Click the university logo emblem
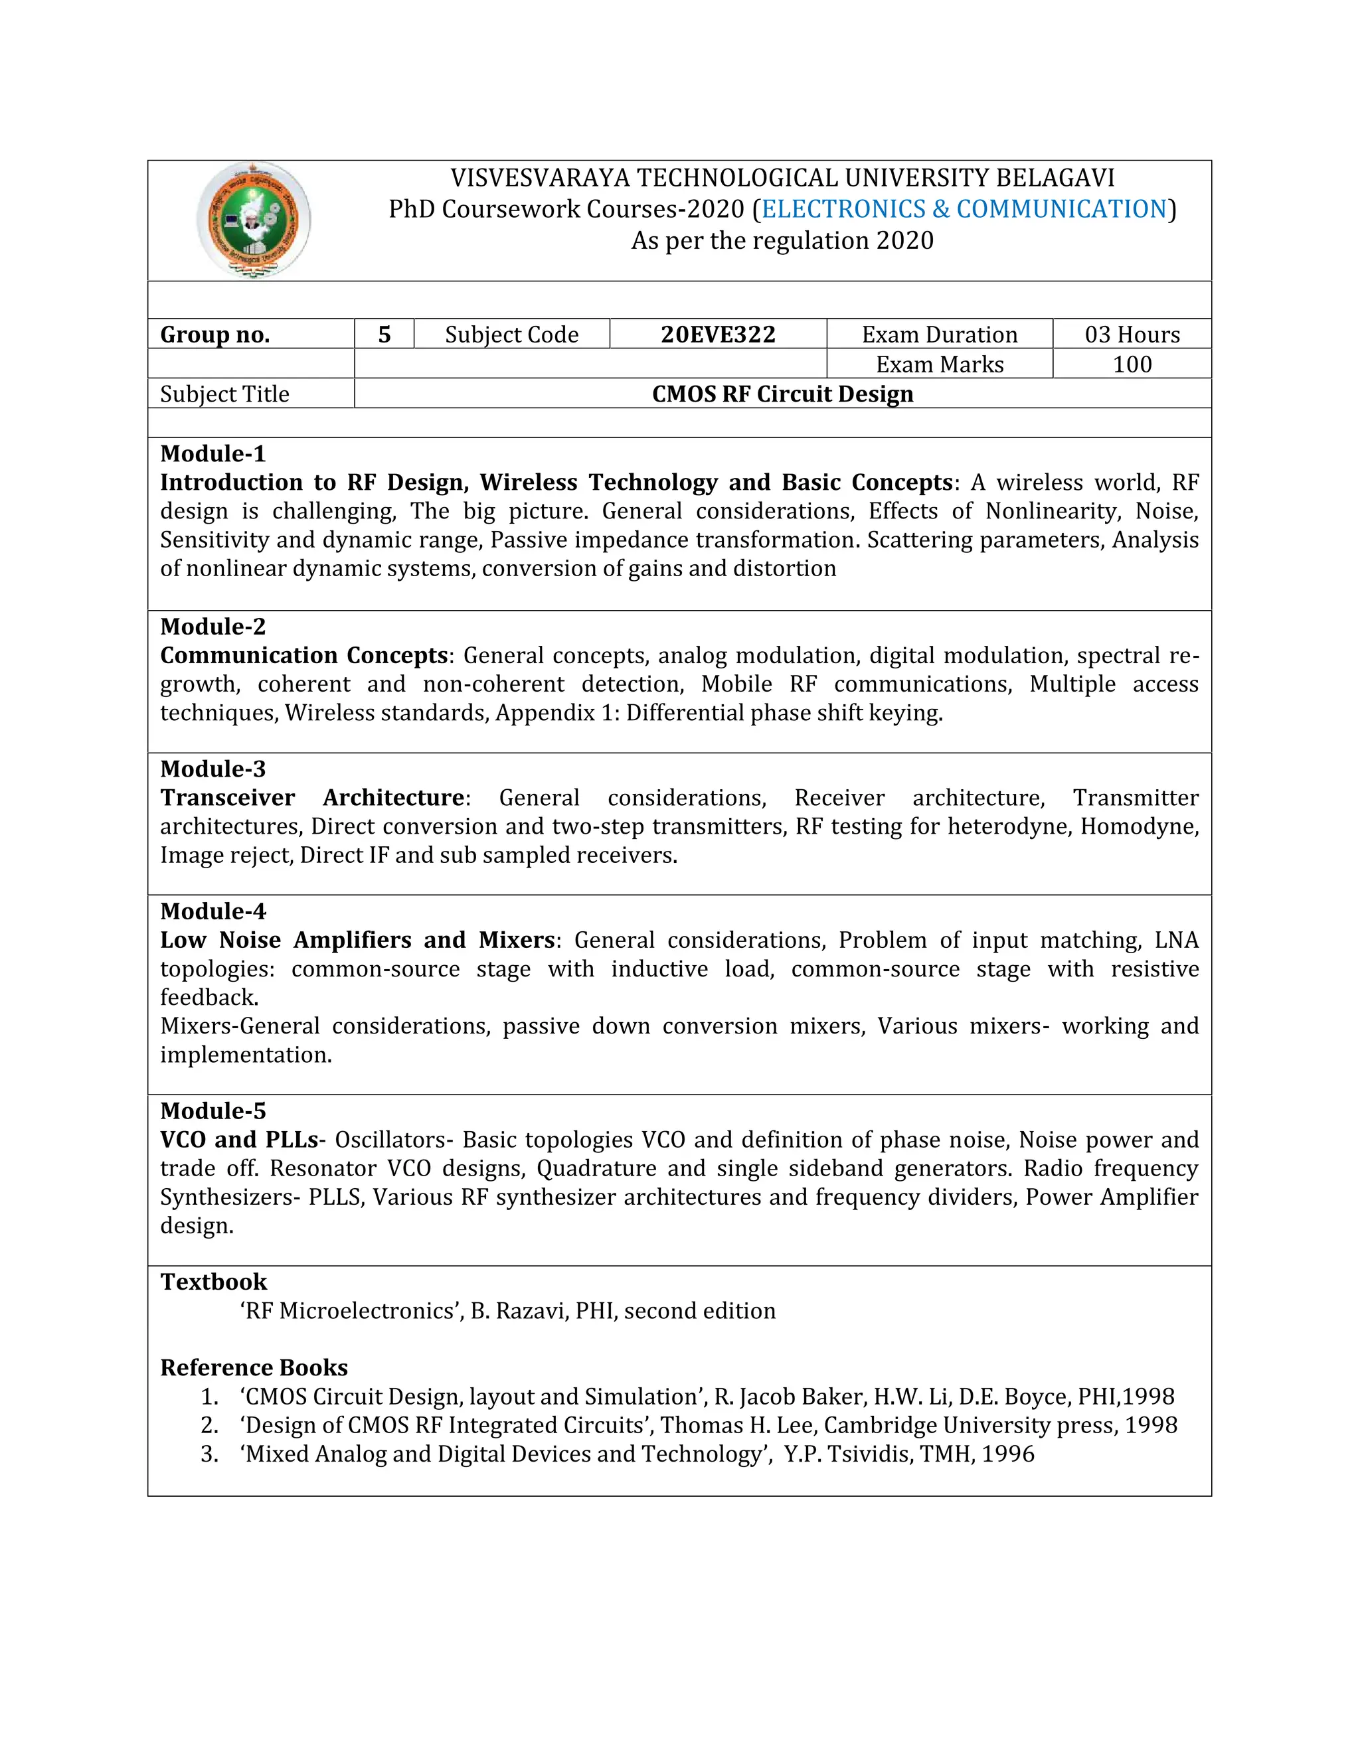(253, 220)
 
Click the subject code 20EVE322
(718, 335)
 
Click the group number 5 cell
(384, 335)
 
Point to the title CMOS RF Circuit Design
(782, 394)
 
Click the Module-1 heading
(212, 453)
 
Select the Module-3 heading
(212, 769)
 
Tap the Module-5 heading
(212, 1110)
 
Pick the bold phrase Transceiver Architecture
(313, 798)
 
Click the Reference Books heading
(254, 1367)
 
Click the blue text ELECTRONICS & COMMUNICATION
(964, 209)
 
